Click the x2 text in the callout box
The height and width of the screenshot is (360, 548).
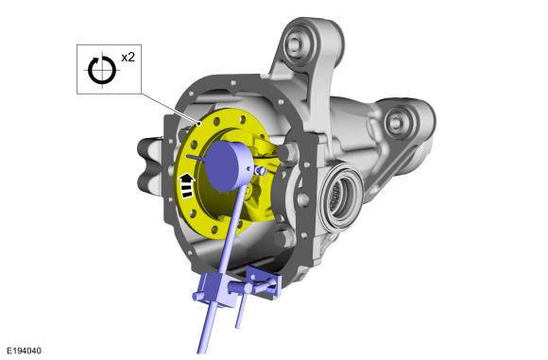point(128,57)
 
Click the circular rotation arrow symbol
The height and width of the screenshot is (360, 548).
point(102,70)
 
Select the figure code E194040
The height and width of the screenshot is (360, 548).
point(25,351)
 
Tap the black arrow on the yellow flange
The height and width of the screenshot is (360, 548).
point(187,185)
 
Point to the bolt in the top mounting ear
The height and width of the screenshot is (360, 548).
point(294,44)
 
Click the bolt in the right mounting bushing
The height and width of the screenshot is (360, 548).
point(395,122)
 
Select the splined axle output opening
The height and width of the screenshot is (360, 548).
point(340,197)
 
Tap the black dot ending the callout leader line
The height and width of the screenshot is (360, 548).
point(199,124)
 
